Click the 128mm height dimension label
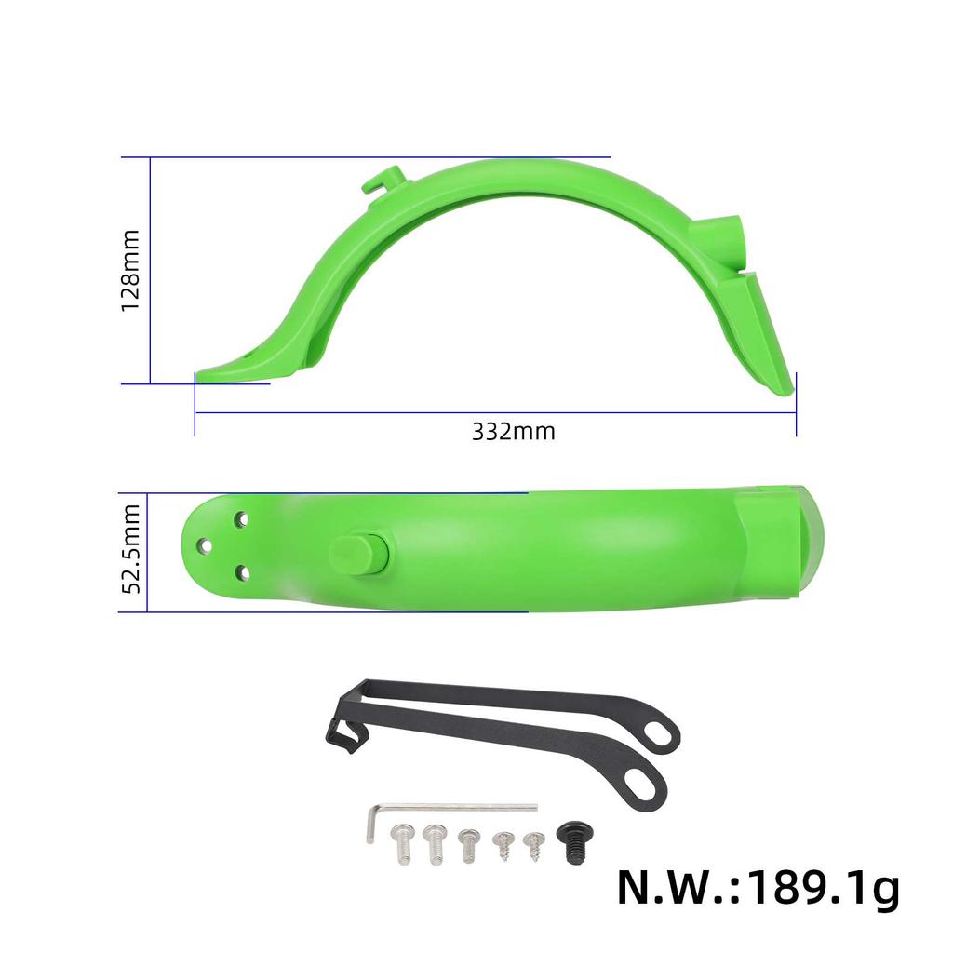coord(131,270)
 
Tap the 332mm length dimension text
coord(513,432)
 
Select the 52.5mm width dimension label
coord(131,549)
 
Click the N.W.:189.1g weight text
coord(758,889)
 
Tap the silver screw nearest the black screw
coord(532,843)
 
